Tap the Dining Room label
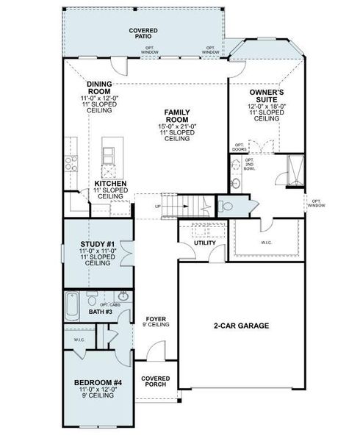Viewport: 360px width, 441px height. pos(98,87)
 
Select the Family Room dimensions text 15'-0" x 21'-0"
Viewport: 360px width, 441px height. pos(178,126)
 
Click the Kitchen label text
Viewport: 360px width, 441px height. pos(110,184)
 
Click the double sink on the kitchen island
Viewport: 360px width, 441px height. pos(108,154)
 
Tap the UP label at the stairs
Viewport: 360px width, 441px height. pos(157,206)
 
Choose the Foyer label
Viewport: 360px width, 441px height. pos(156,319)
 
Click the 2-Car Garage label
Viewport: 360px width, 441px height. pos(241,325)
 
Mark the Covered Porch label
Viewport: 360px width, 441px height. pos(156,382)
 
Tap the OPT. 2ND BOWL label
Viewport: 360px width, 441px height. pos(250,165)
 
